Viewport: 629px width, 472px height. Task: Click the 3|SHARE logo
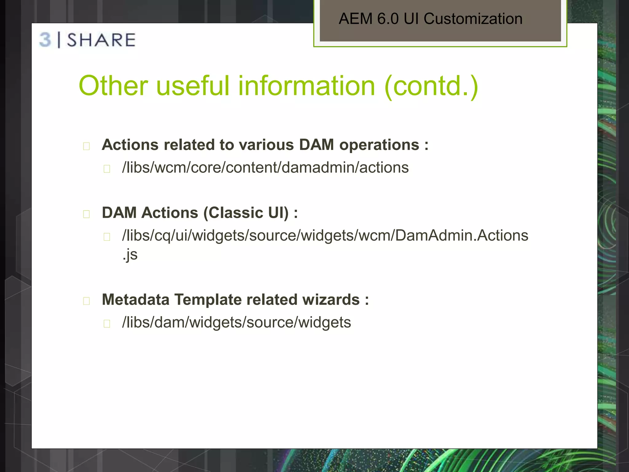(88, 40)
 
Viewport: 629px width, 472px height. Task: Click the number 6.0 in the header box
(388, 19)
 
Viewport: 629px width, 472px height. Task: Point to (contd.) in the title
(431, 86)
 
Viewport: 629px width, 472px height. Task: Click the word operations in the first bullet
(379, 145)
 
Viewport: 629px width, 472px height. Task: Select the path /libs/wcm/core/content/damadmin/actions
(265, 168)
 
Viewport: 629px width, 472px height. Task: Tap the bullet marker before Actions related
(86, 146)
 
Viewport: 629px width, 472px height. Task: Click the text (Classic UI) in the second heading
(246, 213)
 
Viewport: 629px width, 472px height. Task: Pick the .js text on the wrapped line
(130, 255)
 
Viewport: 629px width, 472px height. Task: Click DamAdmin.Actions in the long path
(461, 236)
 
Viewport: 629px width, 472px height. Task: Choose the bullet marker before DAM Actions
(86, 214)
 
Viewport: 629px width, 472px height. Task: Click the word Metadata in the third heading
(135, 300)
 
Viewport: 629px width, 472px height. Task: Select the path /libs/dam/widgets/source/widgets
(236, 323)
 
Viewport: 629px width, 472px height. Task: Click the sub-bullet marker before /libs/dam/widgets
(107, 324)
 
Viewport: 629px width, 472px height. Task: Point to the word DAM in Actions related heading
(316, 145)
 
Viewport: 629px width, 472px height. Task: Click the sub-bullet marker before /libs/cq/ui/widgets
(107, 237)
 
